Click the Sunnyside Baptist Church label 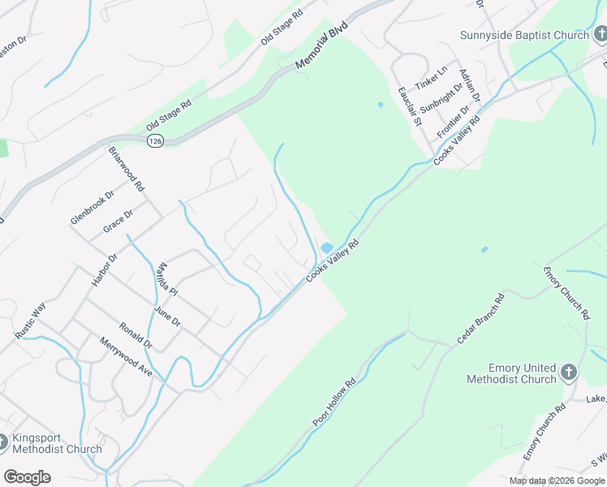point(523,35)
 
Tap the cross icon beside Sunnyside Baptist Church point(598,35)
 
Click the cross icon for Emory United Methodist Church point(569,373)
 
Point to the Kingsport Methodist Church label point(56,443)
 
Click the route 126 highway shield point(154,141)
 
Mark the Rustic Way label point(29,321)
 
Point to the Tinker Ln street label point(431,79)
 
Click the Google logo point(27,477)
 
